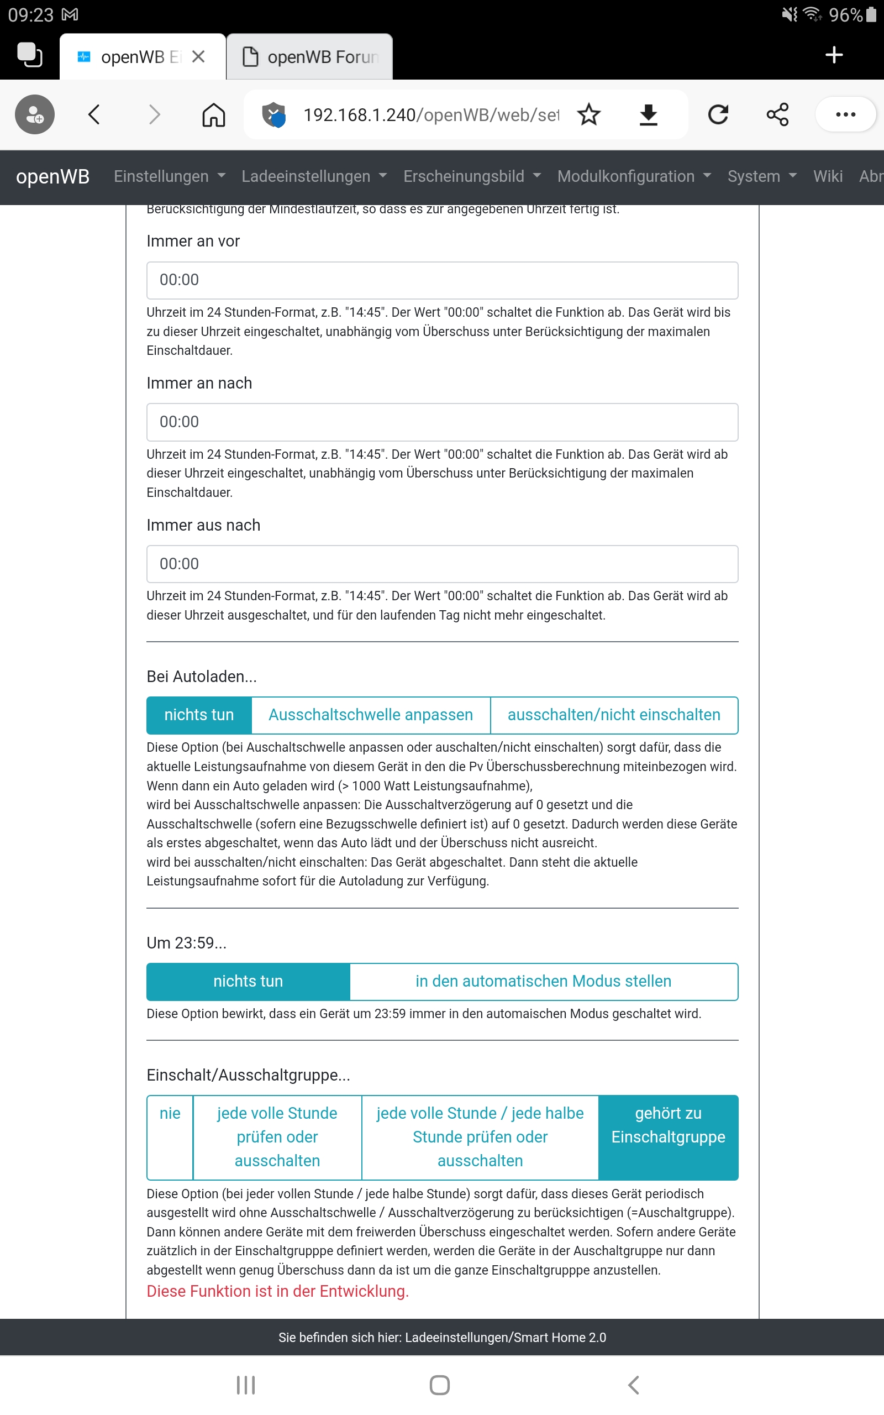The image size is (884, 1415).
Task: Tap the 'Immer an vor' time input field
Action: click(442, 280)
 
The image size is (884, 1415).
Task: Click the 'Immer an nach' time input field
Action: click(442, 422)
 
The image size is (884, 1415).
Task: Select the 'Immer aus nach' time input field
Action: click(442, 564)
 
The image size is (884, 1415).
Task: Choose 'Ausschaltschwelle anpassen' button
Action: click(371, 715)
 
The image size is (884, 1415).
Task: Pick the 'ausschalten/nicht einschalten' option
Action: click(614, 715)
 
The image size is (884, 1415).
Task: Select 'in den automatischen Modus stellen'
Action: click(543, 982)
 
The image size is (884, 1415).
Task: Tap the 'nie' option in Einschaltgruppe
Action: click(170, 1114)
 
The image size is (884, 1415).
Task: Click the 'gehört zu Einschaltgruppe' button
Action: click(669, 1125)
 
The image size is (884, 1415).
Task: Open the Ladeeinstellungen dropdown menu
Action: click(314, 176)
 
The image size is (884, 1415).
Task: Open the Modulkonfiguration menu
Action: click(634, 176)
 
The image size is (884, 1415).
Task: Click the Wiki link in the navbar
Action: click(828, 176)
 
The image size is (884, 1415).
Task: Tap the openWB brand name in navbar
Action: click(52, 176)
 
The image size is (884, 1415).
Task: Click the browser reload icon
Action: click(718, 114)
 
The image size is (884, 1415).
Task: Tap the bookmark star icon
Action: click(589, 114)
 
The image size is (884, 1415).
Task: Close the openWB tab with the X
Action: click(198, 57)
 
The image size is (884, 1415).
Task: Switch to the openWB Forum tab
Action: click(315, 57)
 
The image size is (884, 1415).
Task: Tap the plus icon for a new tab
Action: click(834, 55)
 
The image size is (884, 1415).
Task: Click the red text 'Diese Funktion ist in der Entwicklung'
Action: click(278, 1292)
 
